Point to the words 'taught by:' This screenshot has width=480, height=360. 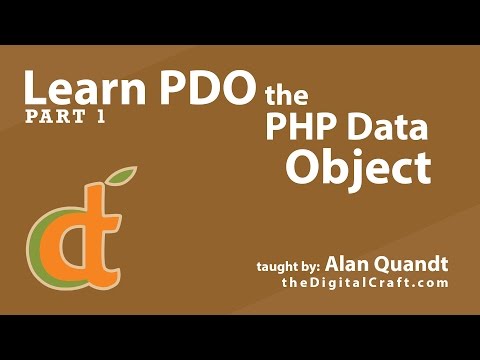288,266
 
